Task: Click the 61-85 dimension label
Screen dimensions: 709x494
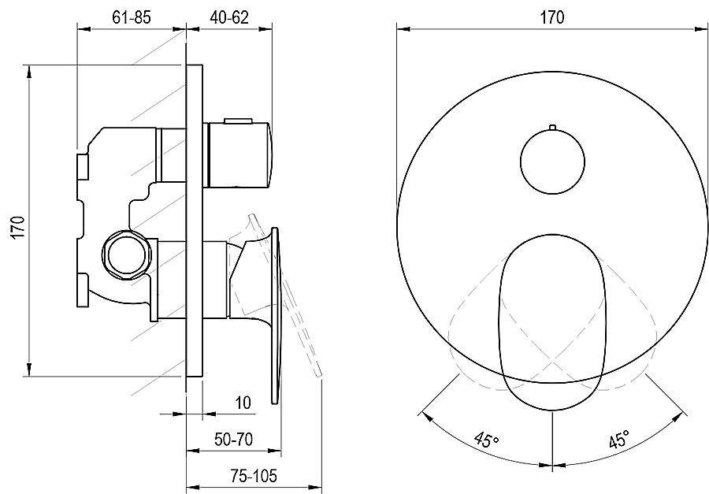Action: click(x=131, y=17)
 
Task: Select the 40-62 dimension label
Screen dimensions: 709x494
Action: click(x=229, y=17)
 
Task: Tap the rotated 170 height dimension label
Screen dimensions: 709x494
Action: click(x=17, y=228)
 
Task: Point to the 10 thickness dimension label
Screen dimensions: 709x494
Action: click(x=243, y=403)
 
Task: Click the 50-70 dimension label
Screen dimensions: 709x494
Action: click(x=234, y=440)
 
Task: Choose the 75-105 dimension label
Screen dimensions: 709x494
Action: click(x=254, y=476)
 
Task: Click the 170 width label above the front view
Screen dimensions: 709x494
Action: click(x=552, y=17)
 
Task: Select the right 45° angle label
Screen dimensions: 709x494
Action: click(x=618, y=438)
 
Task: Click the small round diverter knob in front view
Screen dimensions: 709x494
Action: click(x=552, y=162)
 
